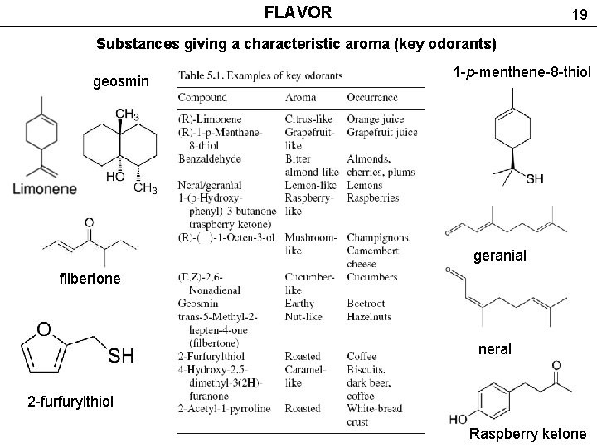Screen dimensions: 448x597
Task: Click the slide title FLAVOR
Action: (298, 12)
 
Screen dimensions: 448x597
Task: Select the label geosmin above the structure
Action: (121, 81)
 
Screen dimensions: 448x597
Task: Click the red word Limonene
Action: (45, 189)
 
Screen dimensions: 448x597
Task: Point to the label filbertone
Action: (90, 279)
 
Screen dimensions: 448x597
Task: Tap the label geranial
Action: (500, 256)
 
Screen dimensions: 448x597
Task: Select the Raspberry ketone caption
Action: (527, 434)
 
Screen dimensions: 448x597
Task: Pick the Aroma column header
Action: (300, 98)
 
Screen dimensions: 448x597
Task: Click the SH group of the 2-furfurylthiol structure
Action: (120, 356)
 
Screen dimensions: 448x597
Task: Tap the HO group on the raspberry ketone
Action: (458, 419)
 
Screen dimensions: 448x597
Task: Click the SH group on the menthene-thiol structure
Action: (535, 178)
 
